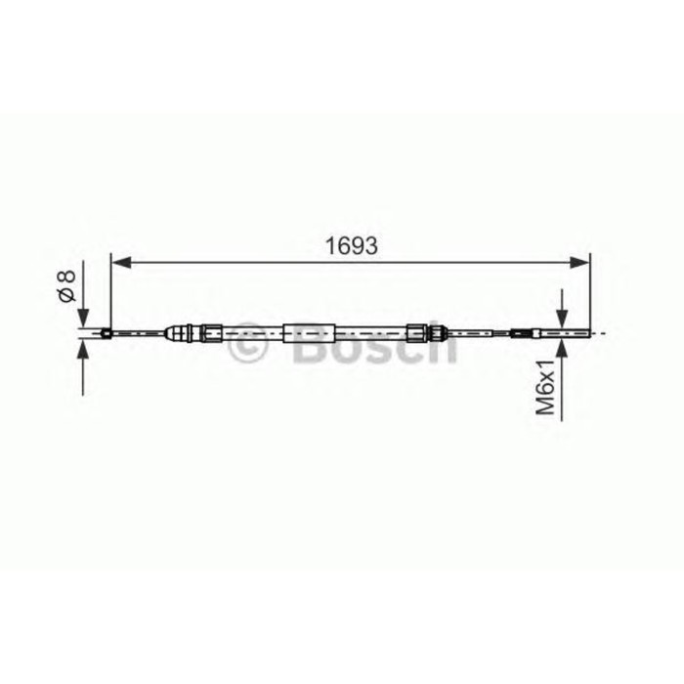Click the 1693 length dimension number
tap(351, 245)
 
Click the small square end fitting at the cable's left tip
tap(105, 334)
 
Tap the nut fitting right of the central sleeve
tap(417, 333)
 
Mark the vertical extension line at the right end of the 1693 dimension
tap(590, 293)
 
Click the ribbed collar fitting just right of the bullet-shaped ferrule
tap(210, 334)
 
